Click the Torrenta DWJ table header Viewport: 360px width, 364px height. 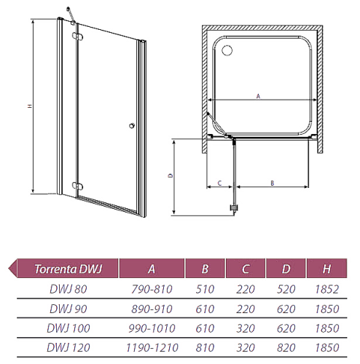point(68,269)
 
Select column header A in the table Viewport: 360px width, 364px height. point(152,269)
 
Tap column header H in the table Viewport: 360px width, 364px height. point(326,269)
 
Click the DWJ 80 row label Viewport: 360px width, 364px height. point(69,289)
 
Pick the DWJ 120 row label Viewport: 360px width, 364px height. point(69,347)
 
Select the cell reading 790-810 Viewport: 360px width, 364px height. point(152,289)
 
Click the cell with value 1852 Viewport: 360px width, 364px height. point(327,289)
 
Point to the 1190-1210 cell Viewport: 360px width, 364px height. point(152,347)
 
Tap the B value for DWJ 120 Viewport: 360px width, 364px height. point(205,347)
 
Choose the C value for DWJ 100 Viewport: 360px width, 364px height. point(246,328)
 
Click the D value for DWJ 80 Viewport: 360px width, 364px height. point(286,289)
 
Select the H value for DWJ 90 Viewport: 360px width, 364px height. point(327,309)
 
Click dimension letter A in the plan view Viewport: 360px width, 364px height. point(258,96)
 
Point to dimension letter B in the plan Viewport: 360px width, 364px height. point(273,183)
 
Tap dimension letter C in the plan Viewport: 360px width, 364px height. point(219,183)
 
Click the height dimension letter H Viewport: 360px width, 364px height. point(30,106)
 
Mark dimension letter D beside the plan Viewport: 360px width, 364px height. point(171,175)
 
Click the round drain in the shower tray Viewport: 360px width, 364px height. point(227,51)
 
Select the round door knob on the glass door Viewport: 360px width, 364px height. point(132,126)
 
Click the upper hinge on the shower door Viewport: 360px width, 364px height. point(77,36)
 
